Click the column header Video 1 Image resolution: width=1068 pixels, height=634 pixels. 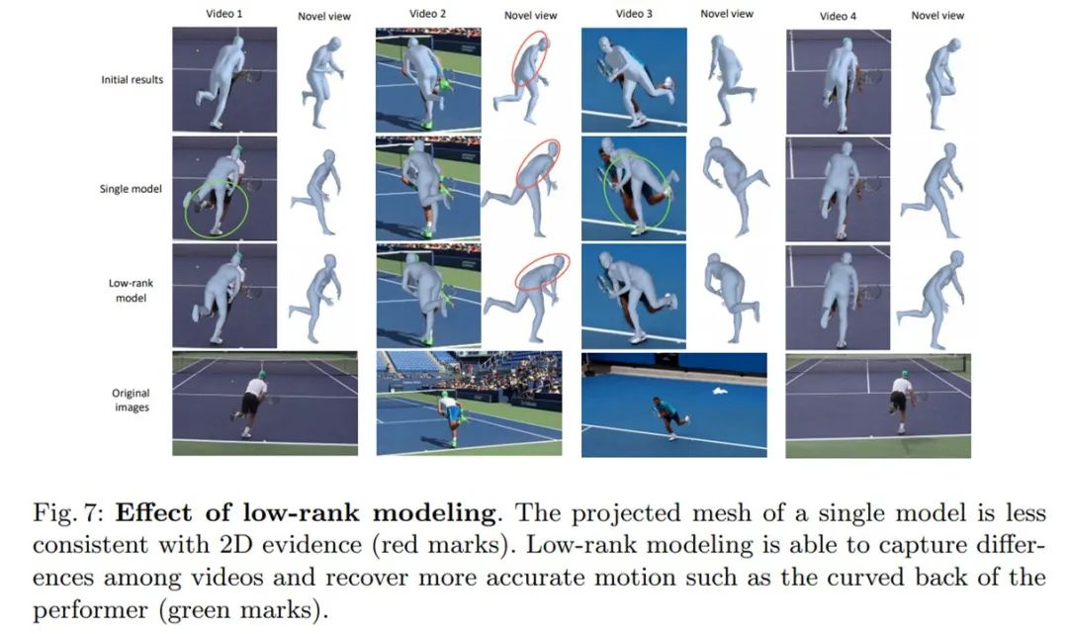click(x=224, y=15)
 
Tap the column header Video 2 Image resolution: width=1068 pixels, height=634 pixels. click(x=428, y=15)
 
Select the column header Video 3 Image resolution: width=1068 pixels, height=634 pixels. click(x=634, y=14)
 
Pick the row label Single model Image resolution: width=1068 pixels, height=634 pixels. click(x=131, y=188)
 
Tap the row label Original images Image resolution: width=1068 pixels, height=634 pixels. click(x=131, y=400)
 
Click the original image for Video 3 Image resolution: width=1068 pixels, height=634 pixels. click(x=673, y=405)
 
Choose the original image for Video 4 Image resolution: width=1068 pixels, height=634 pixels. click(x=878, y=406)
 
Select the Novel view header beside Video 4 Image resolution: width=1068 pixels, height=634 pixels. click(x=937, y=16)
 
